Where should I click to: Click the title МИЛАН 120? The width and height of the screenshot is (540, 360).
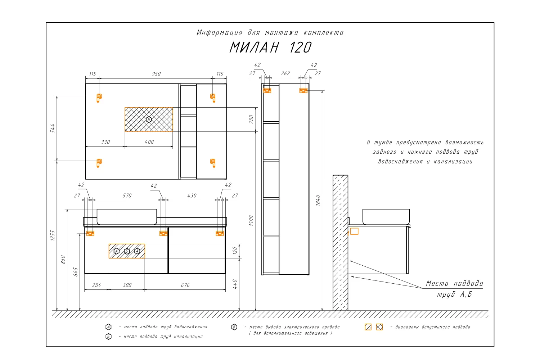pyautogui.click(x=270, y=47)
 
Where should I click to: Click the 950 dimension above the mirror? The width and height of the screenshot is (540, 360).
pyautogui.click(x=156, y=74)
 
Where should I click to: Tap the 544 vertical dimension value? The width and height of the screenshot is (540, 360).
pyautogui.click(x=53, y=128)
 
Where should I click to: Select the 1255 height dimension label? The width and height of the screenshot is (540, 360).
pyautogui.click(x=53, y=235)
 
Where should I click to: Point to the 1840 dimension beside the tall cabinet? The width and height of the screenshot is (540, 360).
pyautogui.click(x=318, y=200)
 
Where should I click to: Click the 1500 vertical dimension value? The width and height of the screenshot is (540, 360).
pyautogui.click(x=251, y=221)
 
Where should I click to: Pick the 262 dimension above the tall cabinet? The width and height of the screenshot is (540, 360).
pyautogui.click(x=285, y=73)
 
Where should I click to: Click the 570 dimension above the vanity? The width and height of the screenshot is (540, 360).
pyautogui.click(x=127, y=195)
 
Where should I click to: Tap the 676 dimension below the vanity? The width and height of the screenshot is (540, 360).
pyautogui.click(x=185, y=285)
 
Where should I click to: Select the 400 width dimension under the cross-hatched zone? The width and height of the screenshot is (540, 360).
pyautogui.click(x=149, y=142)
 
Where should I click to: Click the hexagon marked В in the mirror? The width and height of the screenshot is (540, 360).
pyautogui.click(x=149, y=120)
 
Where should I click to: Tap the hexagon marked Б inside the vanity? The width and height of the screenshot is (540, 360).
pyautogui.click(x=127, y=251)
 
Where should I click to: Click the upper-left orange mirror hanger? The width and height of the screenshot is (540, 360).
pyautogui.click(x=99, y=98)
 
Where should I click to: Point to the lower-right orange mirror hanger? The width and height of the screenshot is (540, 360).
pyautogui.click(x=213, y=163)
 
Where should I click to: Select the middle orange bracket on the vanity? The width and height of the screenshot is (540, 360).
pyautogui.click(x=163, y=233)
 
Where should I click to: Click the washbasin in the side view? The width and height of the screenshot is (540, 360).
pyautogui.click(x=386, y=216)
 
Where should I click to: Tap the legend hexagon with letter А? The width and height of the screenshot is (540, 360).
pyautogui.click(x=108, y=327)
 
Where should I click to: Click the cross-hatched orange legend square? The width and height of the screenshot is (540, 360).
pyautogui.click(x=379, y=327)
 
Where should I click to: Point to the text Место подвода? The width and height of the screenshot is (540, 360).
pyautogui.click(x=454, y=283)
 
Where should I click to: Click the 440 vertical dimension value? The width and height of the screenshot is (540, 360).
pyautogui.click(x=235, y=284)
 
